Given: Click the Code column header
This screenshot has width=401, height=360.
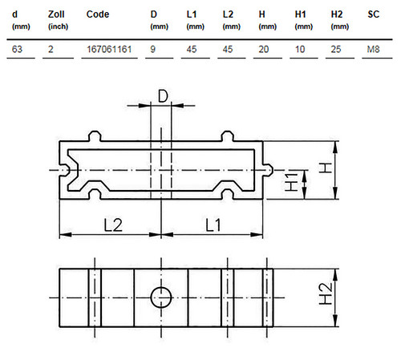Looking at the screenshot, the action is (98, 14).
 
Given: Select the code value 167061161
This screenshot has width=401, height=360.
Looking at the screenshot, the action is (109, 49).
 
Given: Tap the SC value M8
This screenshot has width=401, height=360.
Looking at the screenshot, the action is (373, 49).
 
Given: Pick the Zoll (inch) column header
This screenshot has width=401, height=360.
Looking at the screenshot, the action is (58, 20).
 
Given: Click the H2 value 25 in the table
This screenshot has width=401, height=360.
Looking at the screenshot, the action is (336, 49).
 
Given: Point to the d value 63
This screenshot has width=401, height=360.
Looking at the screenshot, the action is (17, 49).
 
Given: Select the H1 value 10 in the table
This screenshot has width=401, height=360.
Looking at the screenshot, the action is (300, 49).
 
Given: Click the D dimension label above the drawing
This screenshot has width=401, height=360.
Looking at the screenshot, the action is (163, 96).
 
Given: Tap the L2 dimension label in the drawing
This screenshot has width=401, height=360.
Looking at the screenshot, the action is (113, 225).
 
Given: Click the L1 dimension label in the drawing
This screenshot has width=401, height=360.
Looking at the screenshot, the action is (213, 225).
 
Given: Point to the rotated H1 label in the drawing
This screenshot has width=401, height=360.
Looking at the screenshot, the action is (291, 182).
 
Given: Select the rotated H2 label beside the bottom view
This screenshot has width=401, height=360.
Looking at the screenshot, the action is (326, 294).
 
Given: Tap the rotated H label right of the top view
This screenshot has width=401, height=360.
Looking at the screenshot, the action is (326, 168).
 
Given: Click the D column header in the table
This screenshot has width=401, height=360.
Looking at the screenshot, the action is (159, 20).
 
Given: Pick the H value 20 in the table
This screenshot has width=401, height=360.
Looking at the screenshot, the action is (264, 49).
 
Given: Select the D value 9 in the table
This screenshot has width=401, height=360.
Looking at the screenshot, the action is (152, 49).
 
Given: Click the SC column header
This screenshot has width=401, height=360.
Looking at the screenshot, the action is (373, 14).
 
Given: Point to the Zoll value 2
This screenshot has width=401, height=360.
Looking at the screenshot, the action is (51, 49).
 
